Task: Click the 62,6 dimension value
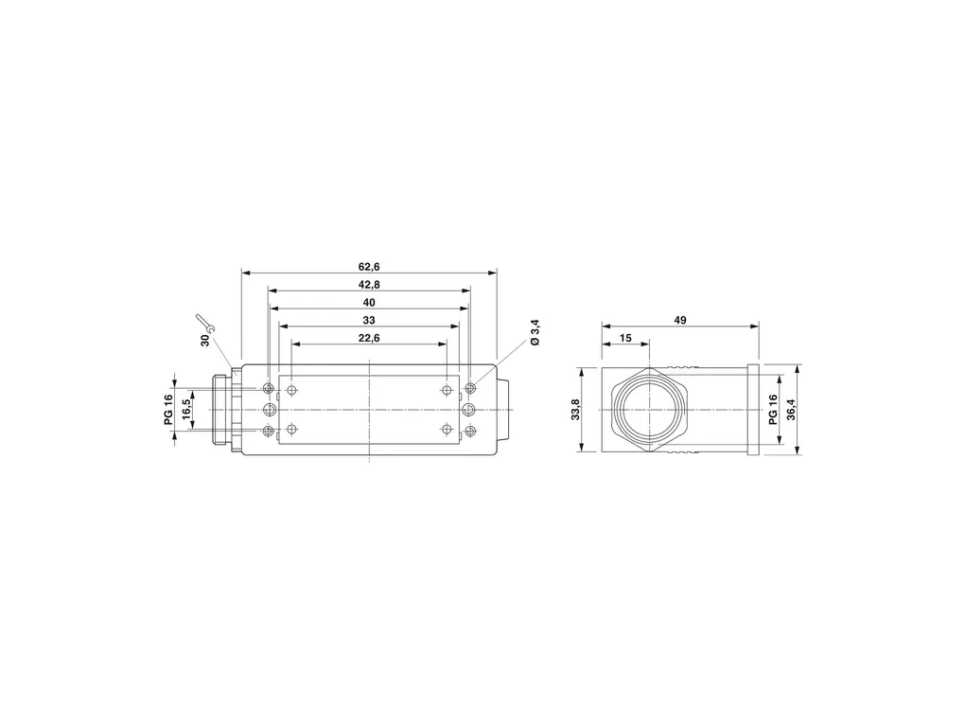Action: pyautogui.click(x=369, y=267)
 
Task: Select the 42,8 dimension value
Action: pyautogui.click(x=369, y=285)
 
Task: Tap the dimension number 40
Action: pyautogui.click(x=369, y=302)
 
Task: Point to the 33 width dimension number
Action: pyautogui.click(x=369, y=320)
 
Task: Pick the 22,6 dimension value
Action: pyautogui.click(x=369, y=338)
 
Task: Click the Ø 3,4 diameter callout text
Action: pyautogui.click(x=535, y=332)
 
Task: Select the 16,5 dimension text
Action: pyautogui.click(x=186, y=410)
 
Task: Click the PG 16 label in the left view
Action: pyautogui.click(x=168, y=410)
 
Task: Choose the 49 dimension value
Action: pyautogui.click(x=680, y=320)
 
